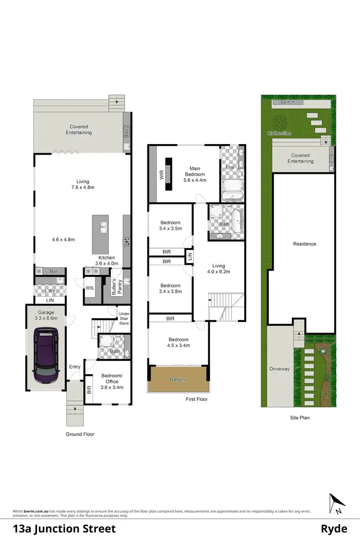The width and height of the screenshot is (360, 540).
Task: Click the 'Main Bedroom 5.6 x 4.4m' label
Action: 195,174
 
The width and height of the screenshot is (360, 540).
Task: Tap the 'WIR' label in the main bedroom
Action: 162,174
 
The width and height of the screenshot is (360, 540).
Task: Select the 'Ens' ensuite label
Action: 230,168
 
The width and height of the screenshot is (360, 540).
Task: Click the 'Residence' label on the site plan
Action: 305,244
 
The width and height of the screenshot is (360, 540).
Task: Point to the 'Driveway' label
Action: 279,369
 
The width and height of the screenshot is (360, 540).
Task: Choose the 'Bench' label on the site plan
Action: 287,102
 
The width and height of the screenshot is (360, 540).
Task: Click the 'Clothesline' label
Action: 280,133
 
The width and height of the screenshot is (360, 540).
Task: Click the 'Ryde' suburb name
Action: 334,528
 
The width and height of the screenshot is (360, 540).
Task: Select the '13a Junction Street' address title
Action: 64,528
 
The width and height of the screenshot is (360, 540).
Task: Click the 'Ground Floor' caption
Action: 80,434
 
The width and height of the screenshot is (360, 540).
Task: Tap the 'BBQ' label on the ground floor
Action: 127,131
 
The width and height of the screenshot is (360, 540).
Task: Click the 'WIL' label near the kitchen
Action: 90,288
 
